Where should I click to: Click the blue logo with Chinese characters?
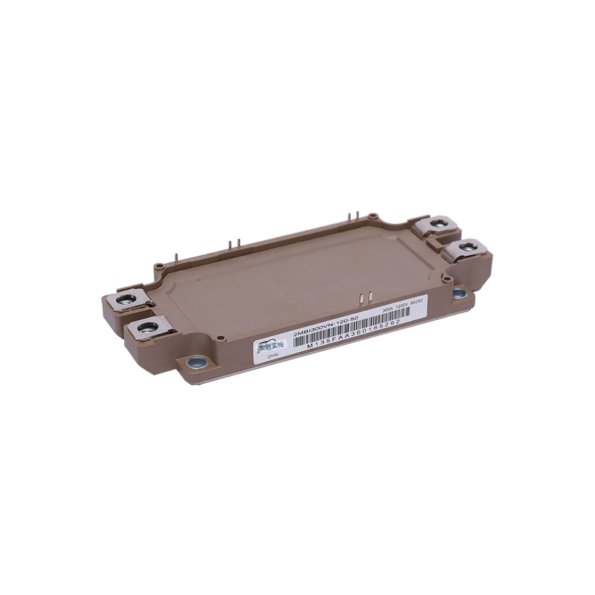[x=271, y=344]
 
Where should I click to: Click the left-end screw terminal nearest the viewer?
[x=146, y=327]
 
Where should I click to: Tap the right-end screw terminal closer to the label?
[x=467, y=246]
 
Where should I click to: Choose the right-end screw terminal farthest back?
[x=437, y=222]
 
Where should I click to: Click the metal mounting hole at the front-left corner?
[x=197, y=363]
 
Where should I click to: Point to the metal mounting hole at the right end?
[x=460, y=293]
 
